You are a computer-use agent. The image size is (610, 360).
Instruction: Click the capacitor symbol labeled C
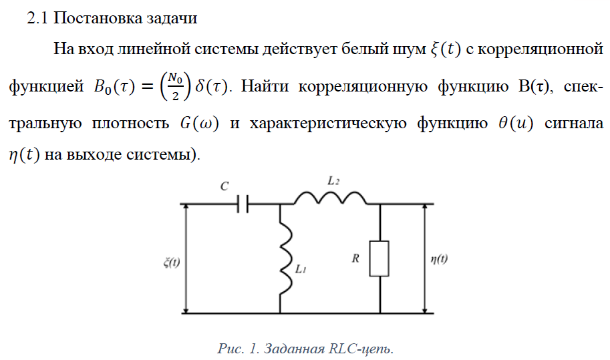click(244, 204)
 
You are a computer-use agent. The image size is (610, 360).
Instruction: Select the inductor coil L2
click(329, 198)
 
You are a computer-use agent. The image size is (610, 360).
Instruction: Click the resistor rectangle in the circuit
click(379, 258)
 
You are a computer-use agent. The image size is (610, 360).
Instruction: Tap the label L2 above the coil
click(333, 180)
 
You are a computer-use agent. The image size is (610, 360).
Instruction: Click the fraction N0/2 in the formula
click(176, 86)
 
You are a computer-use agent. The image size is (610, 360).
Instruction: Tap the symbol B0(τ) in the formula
click(117, 87)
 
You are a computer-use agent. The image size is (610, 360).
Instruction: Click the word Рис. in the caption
click(229, 348)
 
